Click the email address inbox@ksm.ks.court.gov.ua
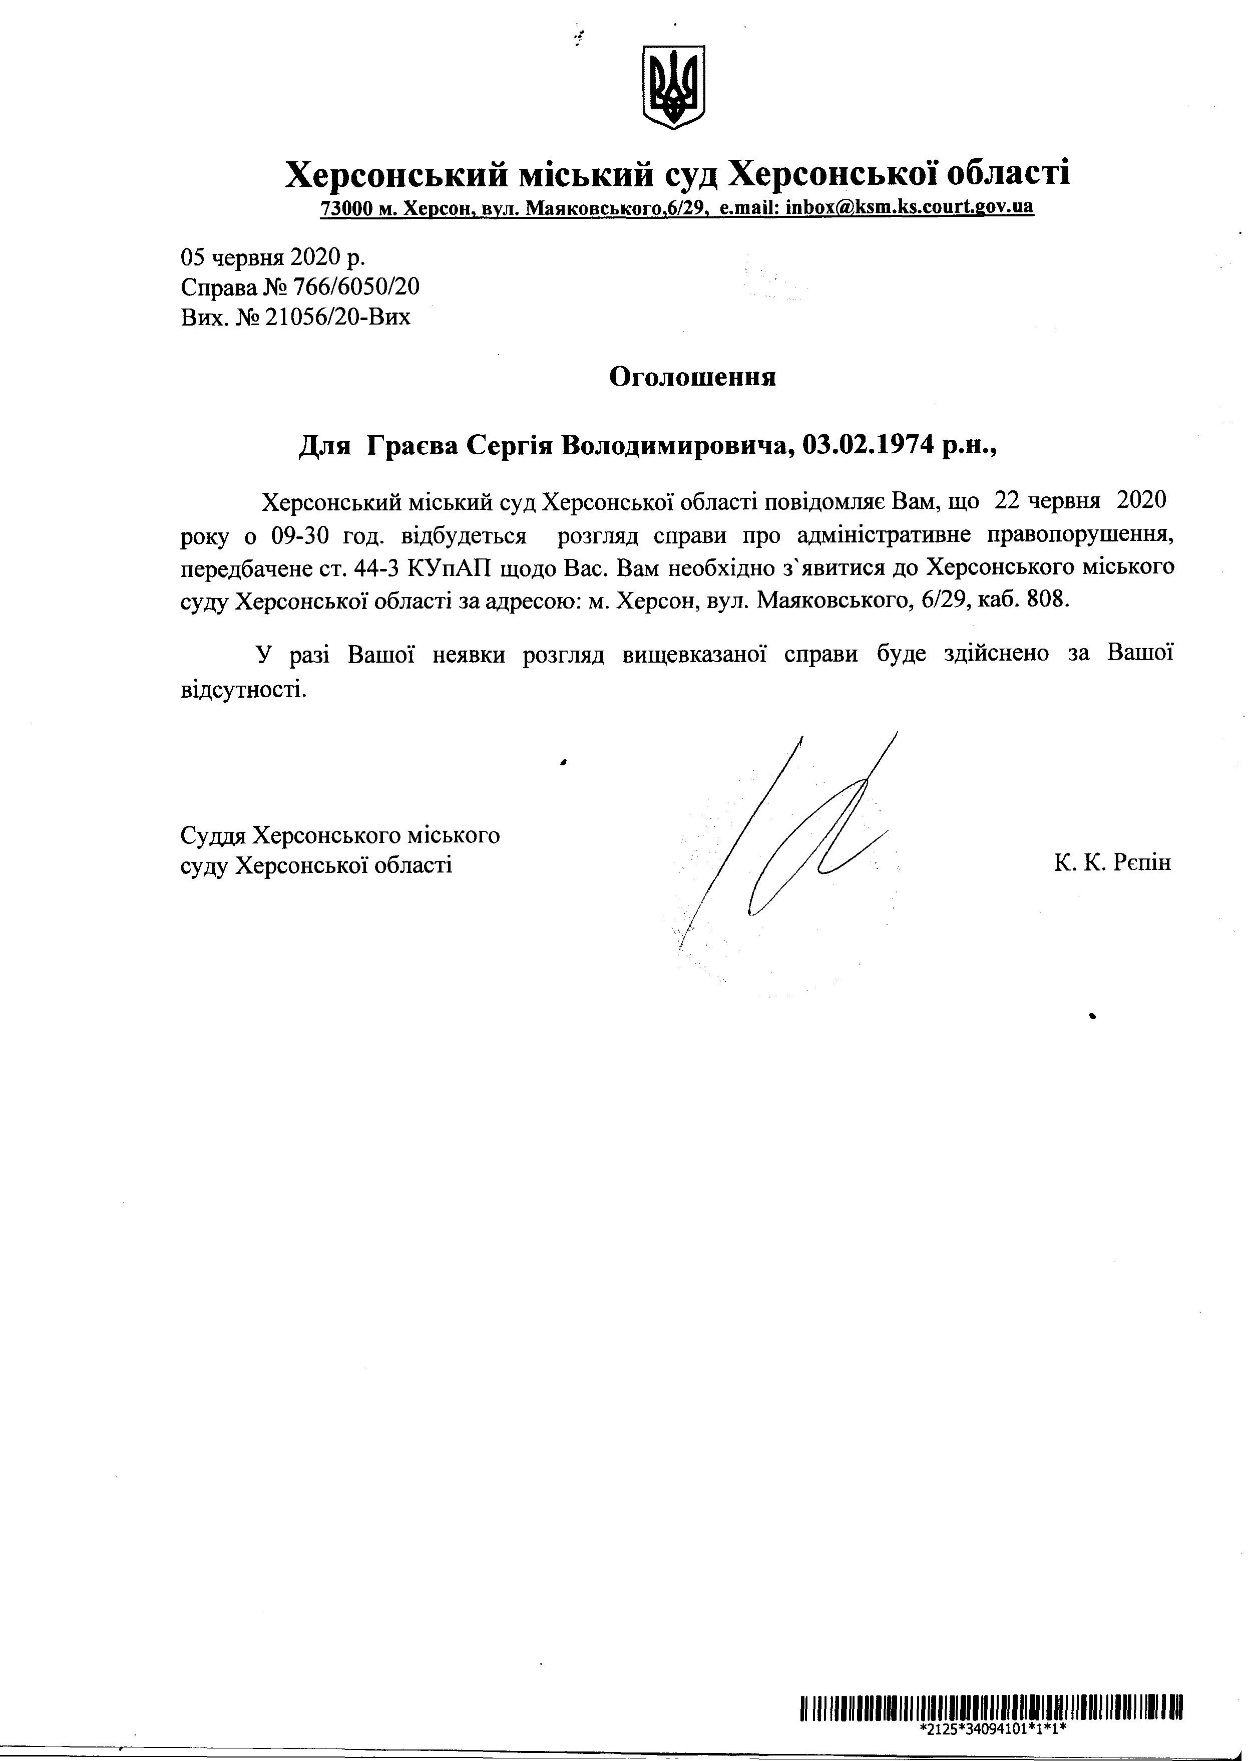(x=909, y=207)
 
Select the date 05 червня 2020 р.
(x=273, y=256)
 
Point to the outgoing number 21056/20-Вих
(x=337, y=317)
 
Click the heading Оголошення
(x=692, y=378)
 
